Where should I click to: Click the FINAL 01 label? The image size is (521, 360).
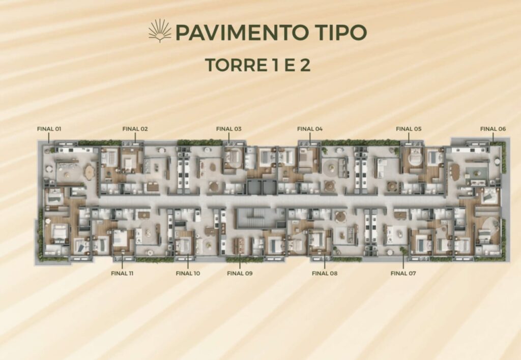pos(49,129)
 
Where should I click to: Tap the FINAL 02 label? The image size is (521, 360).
pos(135,129)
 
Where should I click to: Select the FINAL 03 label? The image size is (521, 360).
pos(228,129)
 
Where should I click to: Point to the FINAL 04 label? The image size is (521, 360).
pos(310,129)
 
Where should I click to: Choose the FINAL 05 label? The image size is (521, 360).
pos(409,129)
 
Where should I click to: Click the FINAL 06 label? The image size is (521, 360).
pos(493,129)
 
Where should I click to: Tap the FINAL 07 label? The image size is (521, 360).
pos(403,274)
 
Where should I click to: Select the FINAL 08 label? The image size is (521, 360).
pos(325,274)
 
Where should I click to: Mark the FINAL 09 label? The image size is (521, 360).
pos(240,274)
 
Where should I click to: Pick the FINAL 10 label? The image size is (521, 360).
pos(188,274)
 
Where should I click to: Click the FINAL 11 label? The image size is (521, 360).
pos(122,274)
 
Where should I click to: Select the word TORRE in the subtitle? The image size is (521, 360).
pos(231,65)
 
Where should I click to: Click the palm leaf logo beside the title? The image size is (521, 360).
pos(160,31)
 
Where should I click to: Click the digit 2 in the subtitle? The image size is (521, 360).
pos(305,65)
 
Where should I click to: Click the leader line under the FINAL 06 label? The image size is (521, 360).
pos(493,137)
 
